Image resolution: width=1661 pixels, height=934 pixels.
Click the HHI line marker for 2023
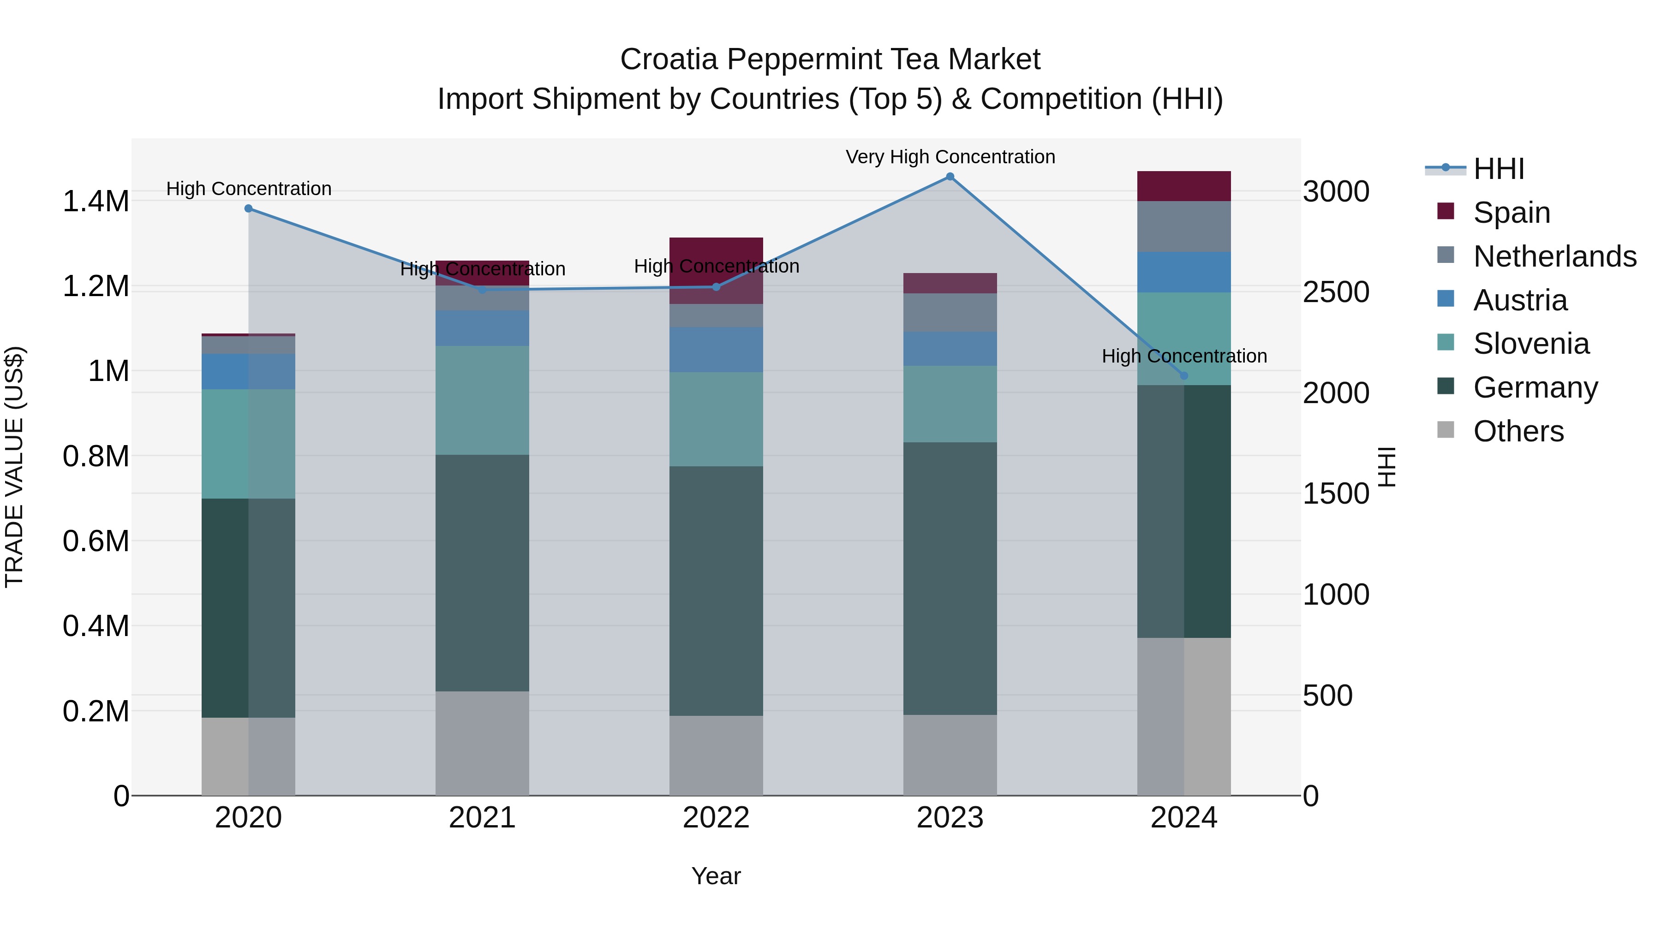point(950,177)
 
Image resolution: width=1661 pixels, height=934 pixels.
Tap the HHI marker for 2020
point(248,208)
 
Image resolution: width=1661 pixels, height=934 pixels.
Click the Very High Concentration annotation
point(950,157)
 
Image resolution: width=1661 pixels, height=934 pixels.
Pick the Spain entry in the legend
point(1512,213)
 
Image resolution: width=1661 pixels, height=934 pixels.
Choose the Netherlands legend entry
point(1554,256)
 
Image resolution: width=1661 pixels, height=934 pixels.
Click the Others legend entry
point(1518,431)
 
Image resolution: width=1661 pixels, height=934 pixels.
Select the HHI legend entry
point(1499,169)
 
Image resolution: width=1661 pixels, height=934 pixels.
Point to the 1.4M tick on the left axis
point(96,201)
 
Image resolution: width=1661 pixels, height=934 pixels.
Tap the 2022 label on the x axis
point(716,818)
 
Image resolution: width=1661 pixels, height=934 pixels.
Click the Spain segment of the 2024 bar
point(1184,186)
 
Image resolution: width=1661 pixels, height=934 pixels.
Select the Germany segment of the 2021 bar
point(482,572)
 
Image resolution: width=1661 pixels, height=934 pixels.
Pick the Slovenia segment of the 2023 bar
point(950,404)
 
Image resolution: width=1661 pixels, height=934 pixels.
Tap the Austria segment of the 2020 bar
point(248,371)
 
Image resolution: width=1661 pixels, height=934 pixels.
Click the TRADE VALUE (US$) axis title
point(14,467)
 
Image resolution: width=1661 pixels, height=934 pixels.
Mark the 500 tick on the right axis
point(1327,696)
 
